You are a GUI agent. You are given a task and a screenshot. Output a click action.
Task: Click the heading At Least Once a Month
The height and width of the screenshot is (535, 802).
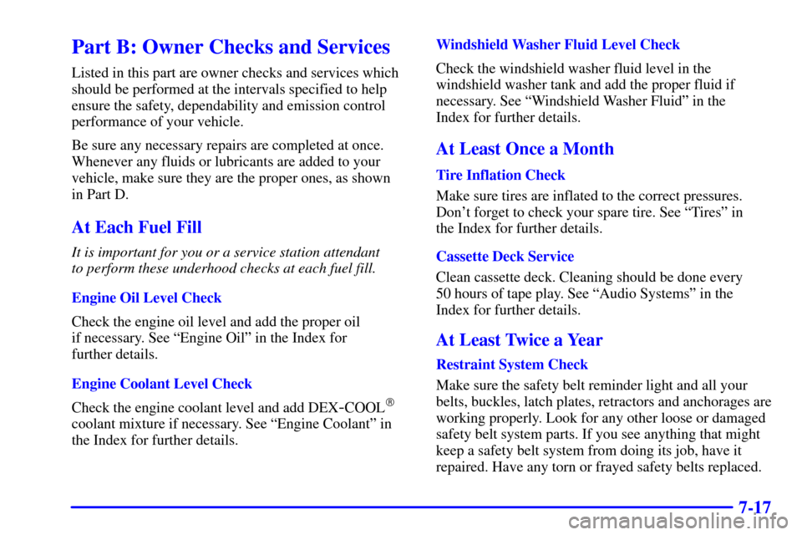[525, 149]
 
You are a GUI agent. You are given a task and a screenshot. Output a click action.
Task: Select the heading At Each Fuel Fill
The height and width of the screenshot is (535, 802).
[136, 227]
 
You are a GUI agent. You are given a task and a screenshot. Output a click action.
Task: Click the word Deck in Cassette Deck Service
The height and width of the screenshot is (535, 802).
[509, 257]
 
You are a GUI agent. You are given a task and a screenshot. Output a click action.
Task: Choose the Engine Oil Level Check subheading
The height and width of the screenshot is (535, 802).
[146, 298]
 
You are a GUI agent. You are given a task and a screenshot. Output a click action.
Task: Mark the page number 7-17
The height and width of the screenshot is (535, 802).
[755, 507]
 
